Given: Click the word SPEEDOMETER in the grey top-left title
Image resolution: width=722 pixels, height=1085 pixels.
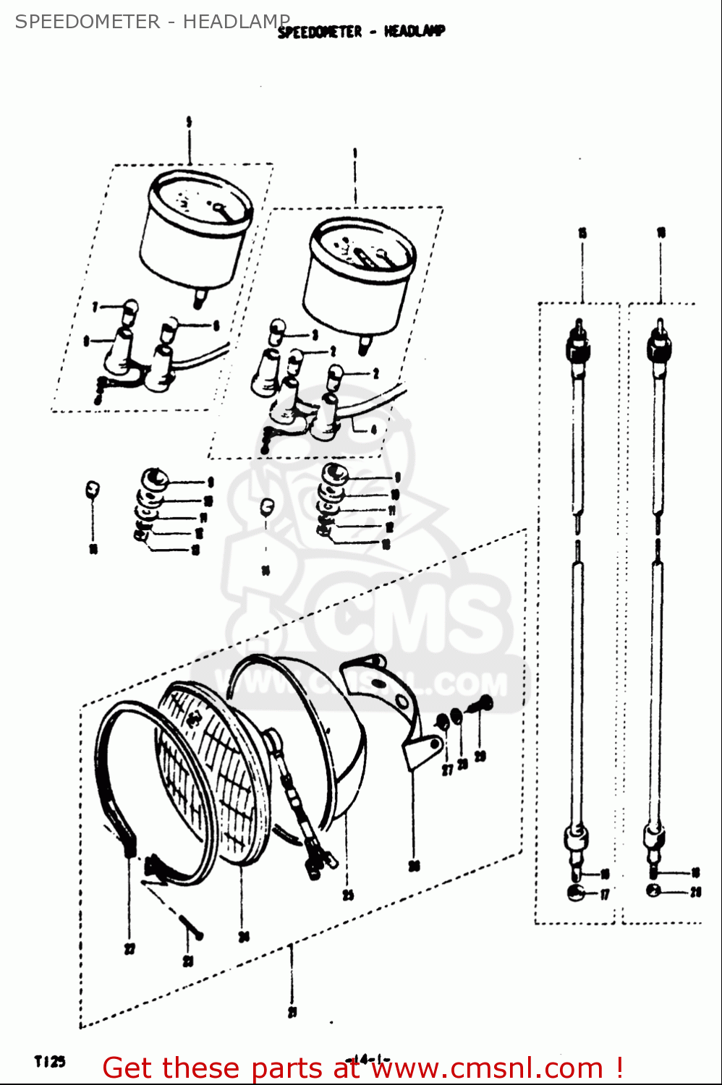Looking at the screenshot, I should [88, 22].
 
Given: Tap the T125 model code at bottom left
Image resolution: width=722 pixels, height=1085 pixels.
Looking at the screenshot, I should [49, 1061].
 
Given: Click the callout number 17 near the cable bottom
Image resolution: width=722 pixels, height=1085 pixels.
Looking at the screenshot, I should [605, 895].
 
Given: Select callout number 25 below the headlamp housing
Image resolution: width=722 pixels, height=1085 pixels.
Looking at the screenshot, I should [348, 895].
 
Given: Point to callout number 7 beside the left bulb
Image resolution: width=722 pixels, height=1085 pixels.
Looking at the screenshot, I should [95, 307].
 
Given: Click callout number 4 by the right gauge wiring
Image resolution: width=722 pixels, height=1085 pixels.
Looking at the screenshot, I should [373, 430].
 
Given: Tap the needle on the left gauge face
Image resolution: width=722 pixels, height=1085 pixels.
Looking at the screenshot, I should [223, 210].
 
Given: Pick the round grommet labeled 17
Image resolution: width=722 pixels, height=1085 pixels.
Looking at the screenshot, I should [577, 892].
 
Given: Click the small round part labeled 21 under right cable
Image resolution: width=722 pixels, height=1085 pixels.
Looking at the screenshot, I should [653, 890].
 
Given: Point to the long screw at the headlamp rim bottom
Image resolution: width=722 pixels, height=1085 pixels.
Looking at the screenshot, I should [190, 927].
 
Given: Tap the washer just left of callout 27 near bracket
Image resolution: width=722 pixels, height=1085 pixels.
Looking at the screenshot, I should [442, 721].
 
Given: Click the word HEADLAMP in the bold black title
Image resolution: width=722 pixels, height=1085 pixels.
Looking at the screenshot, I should [415, 31].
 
